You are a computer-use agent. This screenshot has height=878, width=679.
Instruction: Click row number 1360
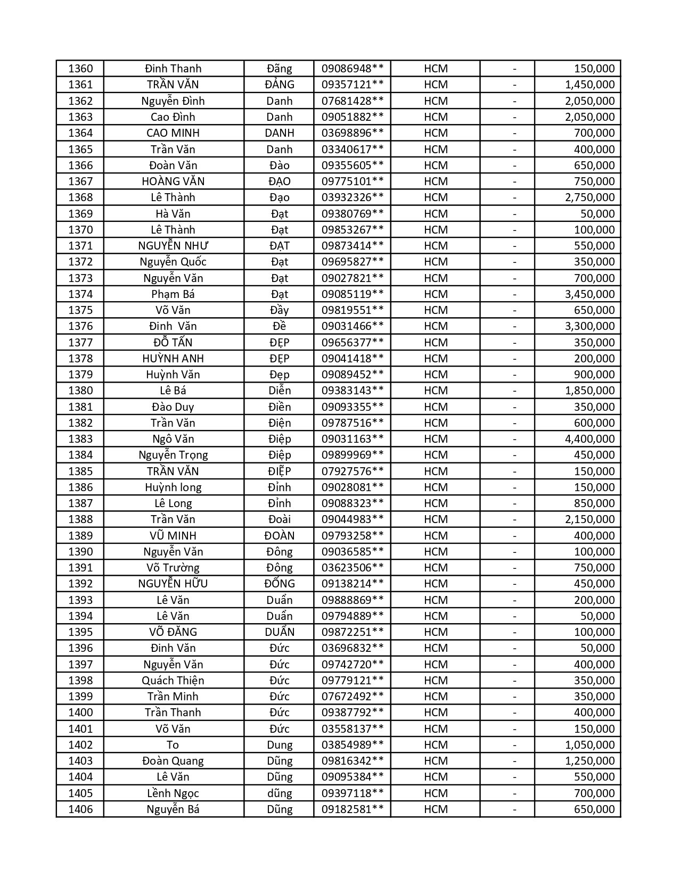pos(80,69)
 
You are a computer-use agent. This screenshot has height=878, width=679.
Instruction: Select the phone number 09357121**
pos(352,85)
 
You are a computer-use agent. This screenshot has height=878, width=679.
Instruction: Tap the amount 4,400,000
pos(590,439)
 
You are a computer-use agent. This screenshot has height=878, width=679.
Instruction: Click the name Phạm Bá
pos(173,294)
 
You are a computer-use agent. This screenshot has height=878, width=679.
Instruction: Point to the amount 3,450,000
pos(590,294)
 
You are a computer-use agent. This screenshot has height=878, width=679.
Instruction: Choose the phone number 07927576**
pos(352,471)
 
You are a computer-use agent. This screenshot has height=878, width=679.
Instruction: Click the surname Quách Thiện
pos(173,681)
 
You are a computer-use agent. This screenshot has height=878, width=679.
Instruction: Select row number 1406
pos(80,809)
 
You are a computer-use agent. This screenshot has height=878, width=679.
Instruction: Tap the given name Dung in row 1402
pos(280,745)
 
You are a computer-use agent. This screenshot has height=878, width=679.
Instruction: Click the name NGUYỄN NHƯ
pos(173,246)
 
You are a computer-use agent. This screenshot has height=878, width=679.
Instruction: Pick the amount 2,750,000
pos(590,197)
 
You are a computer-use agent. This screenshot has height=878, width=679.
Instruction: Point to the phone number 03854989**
pos(352,745)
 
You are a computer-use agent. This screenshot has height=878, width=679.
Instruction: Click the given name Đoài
pos(280,519)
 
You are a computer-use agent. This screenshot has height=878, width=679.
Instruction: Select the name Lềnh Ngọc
pos(173,793)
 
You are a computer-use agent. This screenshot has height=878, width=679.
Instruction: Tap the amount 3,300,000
pos(590,326)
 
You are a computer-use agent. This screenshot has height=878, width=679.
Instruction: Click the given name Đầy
pos(280,310)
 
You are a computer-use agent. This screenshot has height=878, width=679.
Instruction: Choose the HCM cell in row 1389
pos(436,536)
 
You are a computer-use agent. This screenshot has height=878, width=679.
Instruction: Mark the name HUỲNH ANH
pos(173,359)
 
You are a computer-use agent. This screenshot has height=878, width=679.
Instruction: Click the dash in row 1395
pos(514,632)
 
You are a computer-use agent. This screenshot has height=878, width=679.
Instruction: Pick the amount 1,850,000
pos(590,391)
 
